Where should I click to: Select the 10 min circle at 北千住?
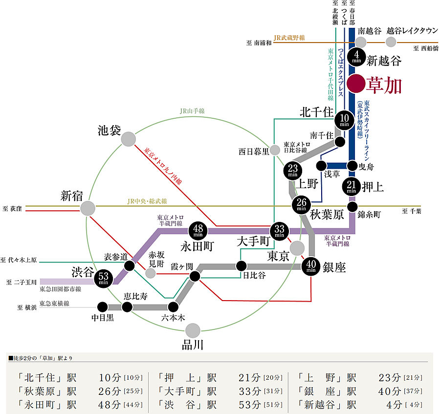point(345,120)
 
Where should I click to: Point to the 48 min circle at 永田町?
point(201,230)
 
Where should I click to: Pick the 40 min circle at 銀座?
point(311,266)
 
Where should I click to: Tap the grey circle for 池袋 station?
point(128,139)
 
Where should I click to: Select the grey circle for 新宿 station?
point(88,209)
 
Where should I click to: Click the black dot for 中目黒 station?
point(102,307)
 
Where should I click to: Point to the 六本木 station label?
point(174,318)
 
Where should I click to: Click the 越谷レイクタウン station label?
point(412,30)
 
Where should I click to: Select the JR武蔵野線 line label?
point(289,37)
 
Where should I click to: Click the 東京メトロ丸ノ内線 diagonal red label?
point(163,167)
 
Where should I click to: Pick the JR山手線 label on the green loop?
point(192,111)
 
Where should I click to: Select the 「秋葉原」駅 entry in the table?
point(47,391)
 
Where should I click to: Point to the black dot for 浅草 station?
point(322,165)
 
